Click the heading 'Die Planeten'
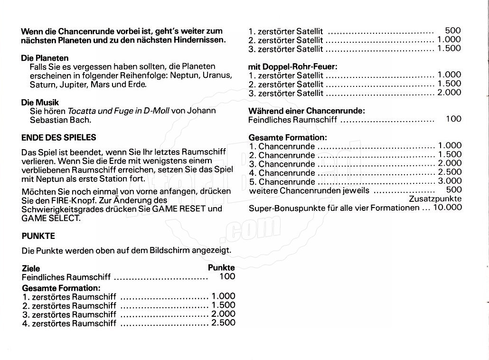pos(45,58)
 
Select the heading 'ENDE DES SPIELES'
pos(59,137)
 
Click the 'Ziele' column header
pos(31,268)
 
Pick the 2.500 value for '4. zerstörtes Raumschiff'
pos(223,323)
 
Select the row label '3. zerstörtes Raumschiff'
pos(69,314)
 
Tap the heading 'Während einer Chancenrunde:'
pos(307,111)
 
